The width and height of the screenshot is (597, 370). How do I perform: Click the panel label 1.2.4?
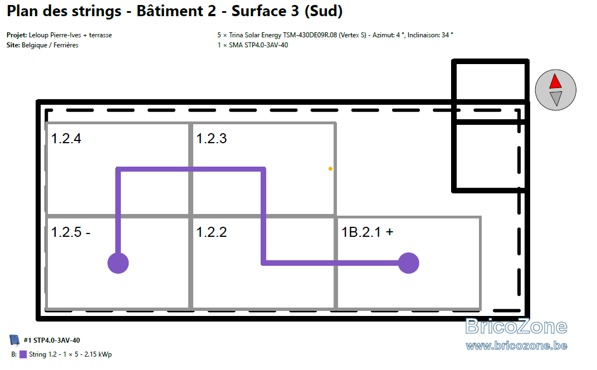(x=66, y=138)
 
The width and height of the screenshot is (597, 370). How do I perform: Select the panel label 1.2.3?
(x=211, y=138)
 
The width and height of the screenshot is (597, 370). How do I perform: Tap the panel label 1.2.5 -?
(x=71, y=232)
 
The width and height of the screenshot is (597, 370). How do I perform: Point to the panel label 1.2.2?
(x=211, y=232)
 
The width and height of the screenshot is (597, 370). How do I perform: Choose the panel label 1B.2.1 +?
(x=367, y=232)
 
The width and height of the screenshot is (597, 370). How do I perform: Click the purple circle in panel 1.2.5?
(x=118, y=263)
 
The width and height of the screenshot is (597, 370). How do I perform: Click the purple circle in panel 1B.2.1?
(x=409, y=263)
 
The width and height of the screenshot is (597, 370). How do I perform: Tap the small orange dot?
(x=330, y=169)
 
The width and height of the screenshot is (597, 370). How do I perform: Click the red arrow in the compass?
(x=555, y=81)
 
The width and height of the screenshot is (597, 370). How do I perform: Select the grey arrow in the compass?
(x=556, y=98)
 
